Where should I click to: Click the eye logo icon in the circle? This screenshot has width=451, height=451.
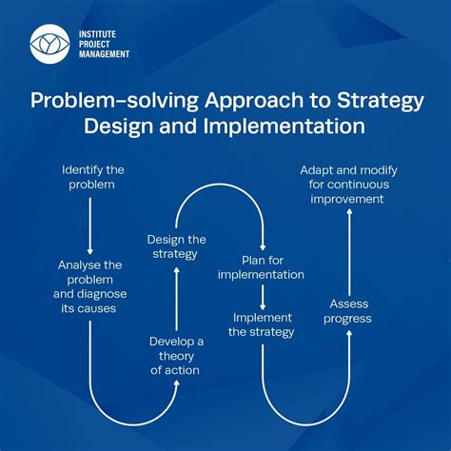tap(49, 43)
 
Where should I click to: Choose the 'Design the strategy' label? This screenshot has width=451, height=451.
tap(176, 245)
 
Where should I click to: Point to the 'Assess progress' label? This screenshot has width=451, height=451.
tap(349, 311)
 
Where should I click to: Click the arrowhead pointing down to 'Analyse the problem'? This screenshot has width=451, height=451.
tap(89, 249)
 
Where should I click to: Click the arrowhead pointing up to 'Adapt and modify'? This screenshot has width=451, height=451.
tap(349, 215)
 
